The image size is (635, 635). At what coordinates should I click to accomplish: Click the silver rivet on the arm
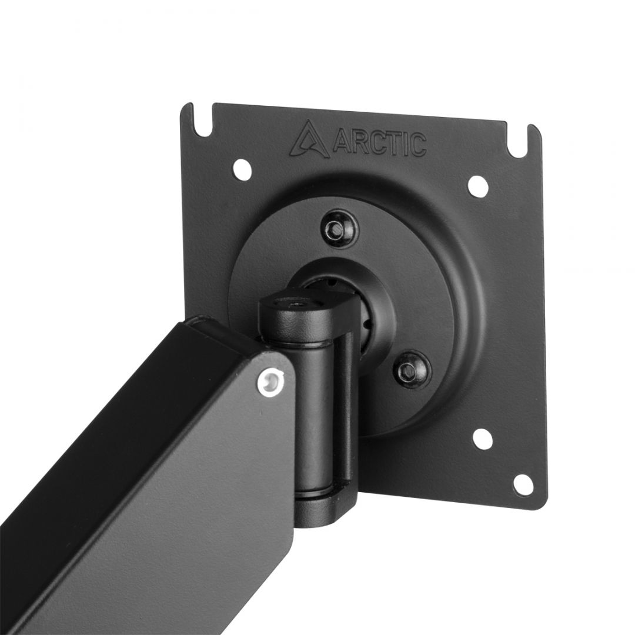(x=270, y=380)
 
